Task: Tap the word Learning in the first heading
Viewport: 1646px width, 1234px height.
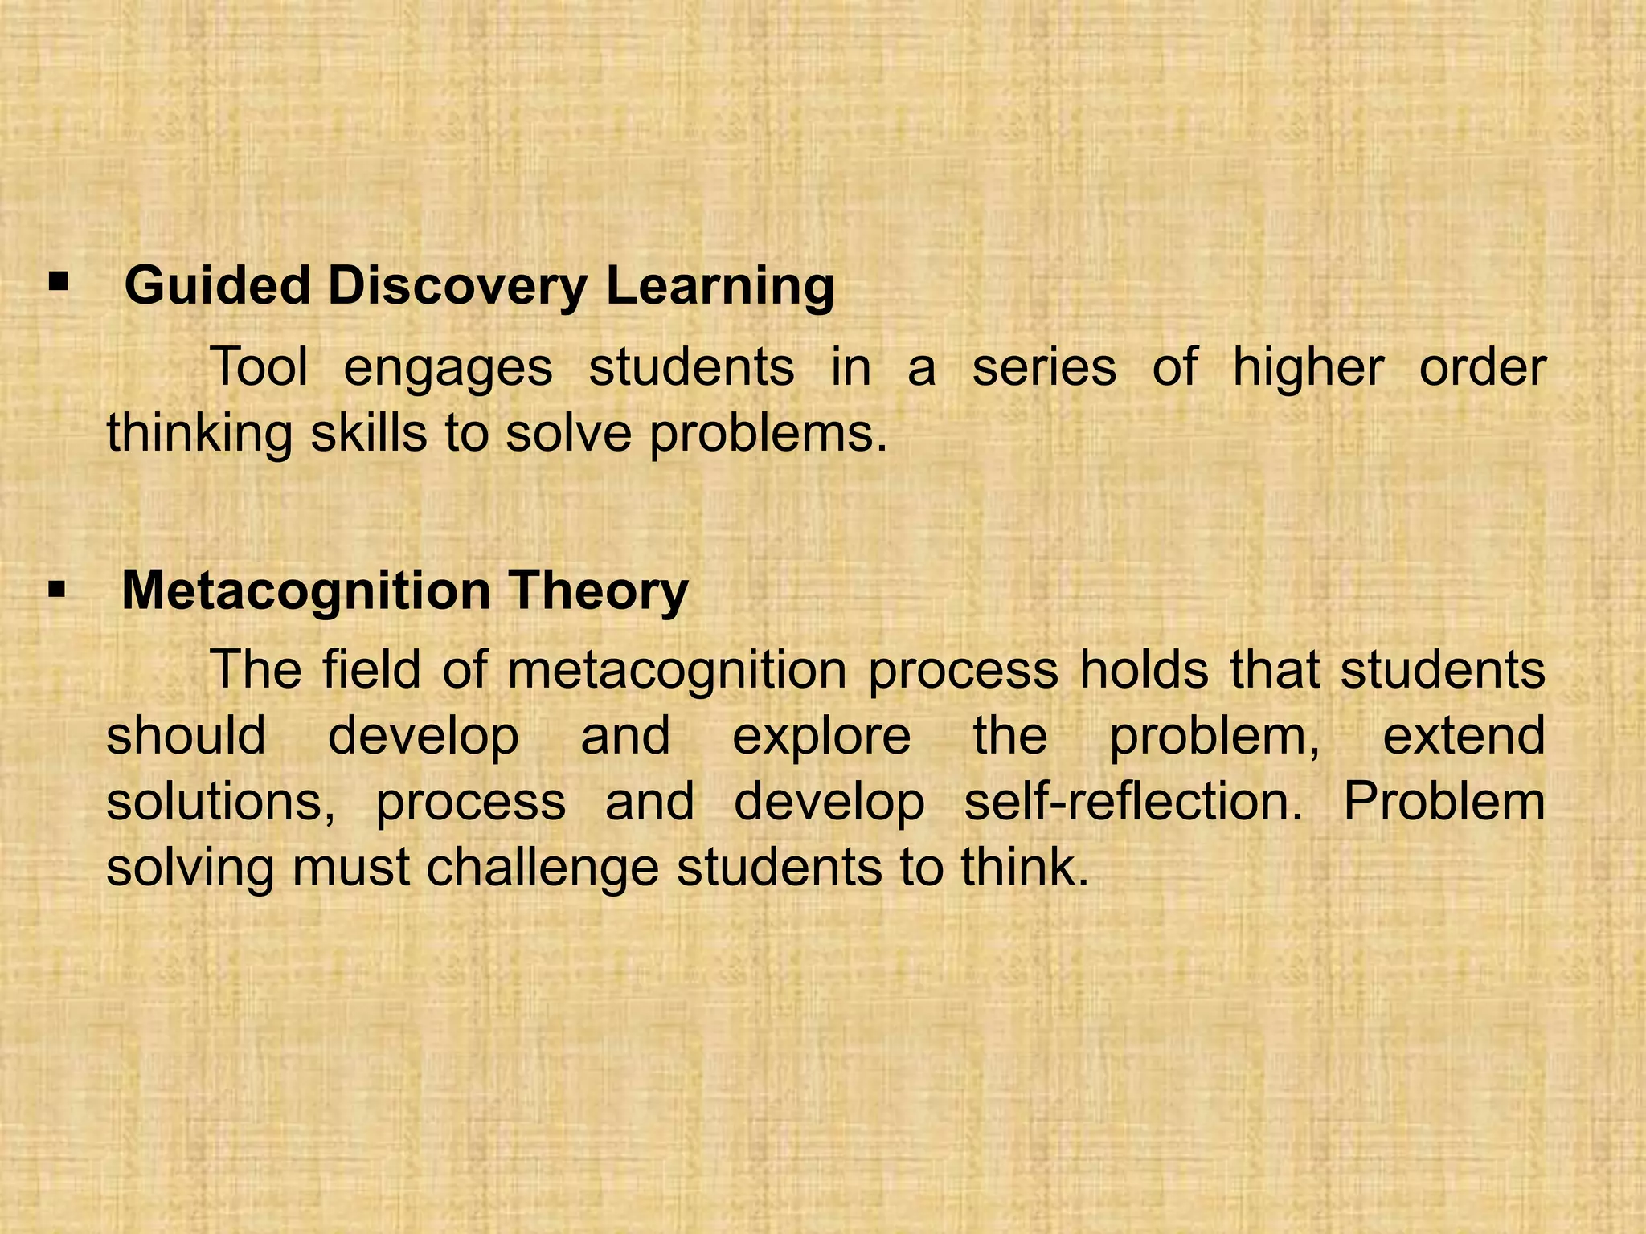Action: [x=720, y=287]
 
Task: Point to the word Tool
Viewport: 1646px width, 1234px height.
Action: [x=260, y=367]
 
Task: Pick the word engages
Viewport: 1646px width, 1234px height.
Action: [x=448, y=369]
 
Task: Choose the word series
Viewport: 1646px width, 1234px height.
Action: [x=1044, y=367]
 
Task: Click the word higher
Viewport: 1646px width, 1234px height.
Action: [x=1308, y=369]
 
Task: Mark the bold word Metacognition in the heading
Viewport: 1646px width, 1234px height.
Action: [x=305, y=592]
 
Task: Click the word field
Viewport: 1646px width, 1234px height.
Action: [x=372, y=669]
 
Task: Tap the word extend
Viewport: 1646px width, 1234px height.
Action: [x=1464, y=735]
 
